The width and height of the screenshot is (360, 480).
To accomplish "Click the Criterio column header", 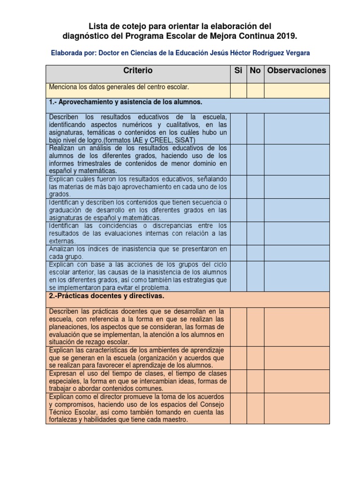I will pyautogui.click(x=138, y=71).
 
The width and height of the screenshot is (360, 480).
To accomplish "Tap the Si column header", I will pyautogui.click(x=238, y=71).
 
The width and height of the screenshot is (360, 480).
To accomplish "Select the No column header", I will pyautogui.click(x=255, y=71).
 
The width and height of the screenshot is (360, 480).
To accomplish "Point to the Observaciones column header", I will pyautogui.click(x=297, y=71).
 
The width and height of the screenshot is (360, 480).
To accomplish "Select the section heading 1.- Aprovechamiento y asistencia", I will pyautogui.click(x=125, y=102).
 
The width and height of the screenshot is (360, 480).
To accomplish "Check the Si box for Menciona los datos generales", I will pyautogui.click(x=238, y=90).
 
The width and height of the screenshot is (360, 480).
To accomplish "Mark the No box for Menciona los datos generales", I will pyautogui.click(x=255, y=90).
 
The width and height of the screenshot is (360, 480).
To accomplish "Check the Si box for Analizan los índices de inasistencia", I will pyautogui.click(x=238, y=253).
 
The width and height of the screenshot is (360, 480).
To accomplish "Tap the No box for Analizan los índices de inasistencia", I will pyautogui.click(x=255, y=253).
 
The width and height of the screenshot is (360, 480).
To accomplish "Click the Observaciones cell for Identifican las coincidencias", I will pyautogui.click(x=297, y=233).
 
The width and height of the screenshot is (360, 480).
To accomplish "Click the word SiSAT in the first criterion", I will pyautogui.click(x=185, y=140).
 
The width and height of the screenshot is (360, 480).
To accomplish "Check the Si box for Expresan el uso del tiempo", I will pyautogui.click(x=238, y=381).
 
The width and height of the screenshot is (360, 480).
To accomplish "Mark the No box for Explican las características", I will pyautogui.click(x=255, y=358).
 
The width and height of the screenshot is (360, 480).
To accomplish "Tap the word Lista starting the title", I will pyautogui.click(x=99, y=26).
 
